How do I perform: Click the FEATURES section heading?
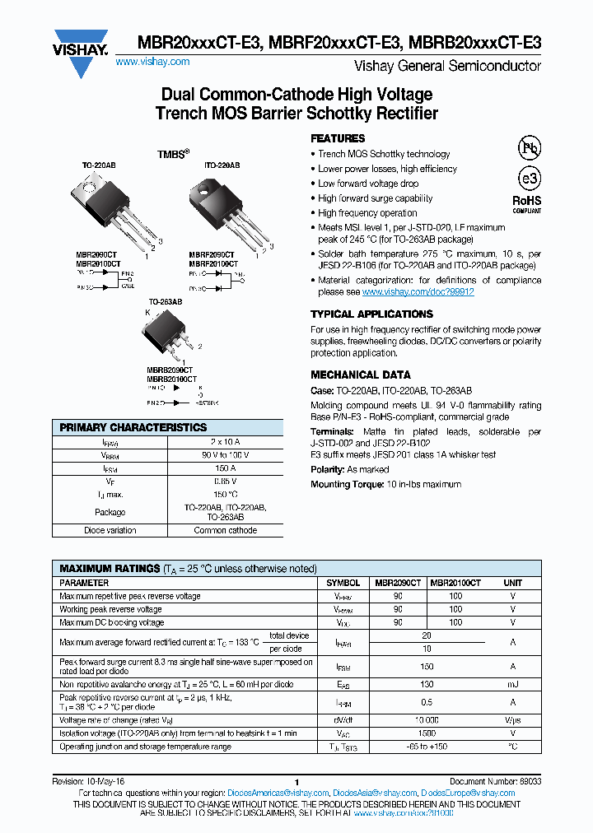pyautogui.click(x=338, y=138)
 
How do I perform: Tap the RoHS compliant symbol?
pyautogui.click(x=527, y=202)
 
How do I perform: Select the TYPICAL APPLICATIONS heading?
pyautogui.click(x=371, y=314)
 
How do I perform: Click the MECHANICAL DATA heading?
pyautogui.click(x=360, y=375)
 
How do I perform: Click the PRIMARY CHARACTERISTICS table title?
pyautogui.click(x=133, y=428)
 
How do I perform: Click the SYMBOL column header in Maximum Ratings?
pyautogui.click(x=343, y=583)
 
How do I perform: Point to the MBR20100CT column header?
pyautogui.click(x=455, y=583)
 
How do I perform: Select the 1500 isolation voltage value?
pyautogui.click(x=427, y=733)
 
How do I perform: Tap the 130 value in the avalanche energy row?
pyautogui.click(x=427, y=684)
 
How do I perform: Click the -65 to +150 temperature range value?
pyautogui.click(x=427, y=747)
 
